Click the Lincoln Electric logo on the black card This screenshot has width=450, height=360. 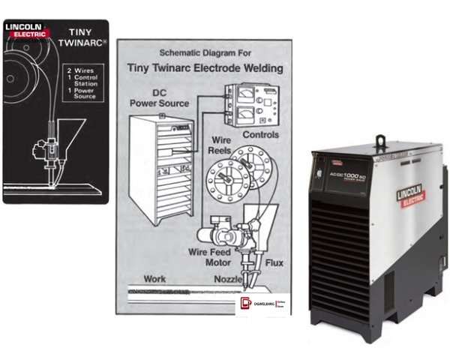pyautogui.click(x=25, y=31)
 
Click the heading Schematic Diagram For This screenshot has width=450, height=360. pyautogui.click(x=207, y=54)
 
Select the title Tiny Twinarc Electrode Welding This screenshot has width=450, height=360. pyautogui.click(x=206, y=69)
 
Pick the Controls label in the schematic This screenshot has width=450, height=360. pyautogui.click(x=260, y=136)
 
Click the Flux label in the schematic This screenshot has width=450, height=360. pyautogui.click(x=273, y=265)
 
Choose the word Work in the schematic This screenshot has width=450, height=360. pyautogui.click(x=154, y=278)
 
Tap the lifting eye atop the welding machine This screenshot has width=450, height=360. pyautogui.click(x=380, y=140)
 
